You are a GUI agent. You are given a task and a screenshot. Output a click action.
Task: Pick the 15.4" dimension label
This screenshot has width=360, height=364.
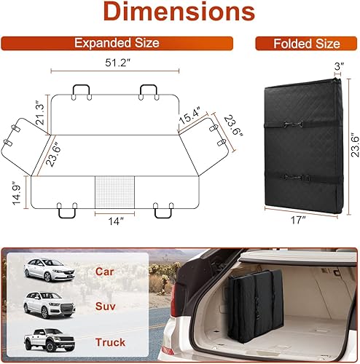191,116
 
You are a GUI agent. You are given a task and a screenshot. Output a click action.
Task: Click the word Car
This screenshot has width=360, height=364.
105,271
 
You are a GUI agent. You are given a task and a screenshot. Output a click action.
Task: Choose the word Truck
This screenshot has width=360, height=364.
109,341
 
